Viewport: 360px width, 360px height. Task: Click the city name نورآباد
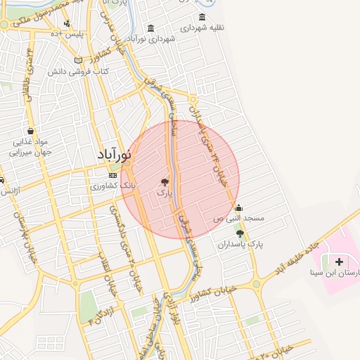116,155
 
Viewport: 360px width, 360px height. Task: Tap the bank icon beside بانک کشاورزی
112,175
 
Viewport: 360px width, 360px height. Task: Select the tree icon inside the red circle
165,181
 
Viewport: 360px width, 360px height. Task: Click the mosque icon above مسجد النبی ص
239,208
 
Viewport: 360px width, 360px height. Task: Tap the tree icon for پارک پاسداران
240,233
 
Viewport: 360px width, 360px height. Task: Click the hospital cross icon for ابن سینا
340,262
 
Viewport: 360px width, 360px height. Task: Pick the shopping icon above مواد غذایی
30,131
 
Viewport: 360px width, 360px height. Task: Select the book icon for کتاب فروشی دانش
78,60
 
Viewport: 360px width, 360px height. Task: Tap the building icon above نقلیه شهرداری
202,18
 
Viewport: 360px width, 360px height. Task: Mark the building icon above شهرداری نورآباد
151,29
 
